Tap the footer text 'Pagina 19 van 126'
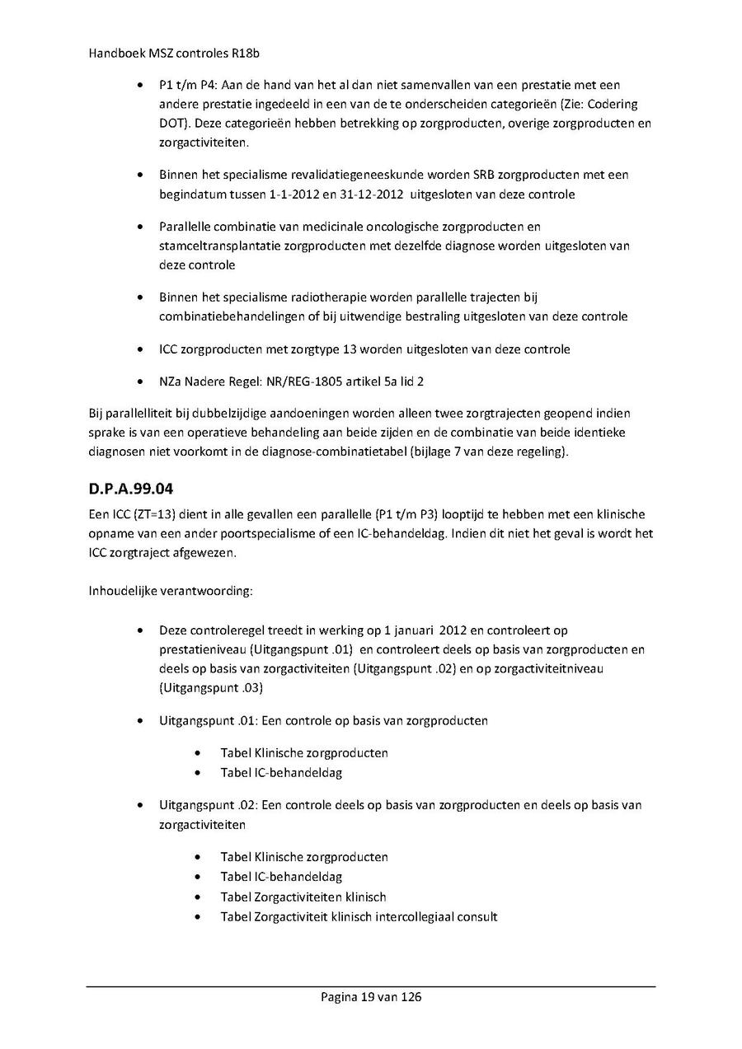pyautogui.click(x=371, y=997)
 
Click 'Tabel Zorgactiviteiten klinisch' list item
pyautogui.click(x=303, y=897)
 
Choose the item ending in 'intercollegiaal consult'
pyautogui.click(x=359, y=916)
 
